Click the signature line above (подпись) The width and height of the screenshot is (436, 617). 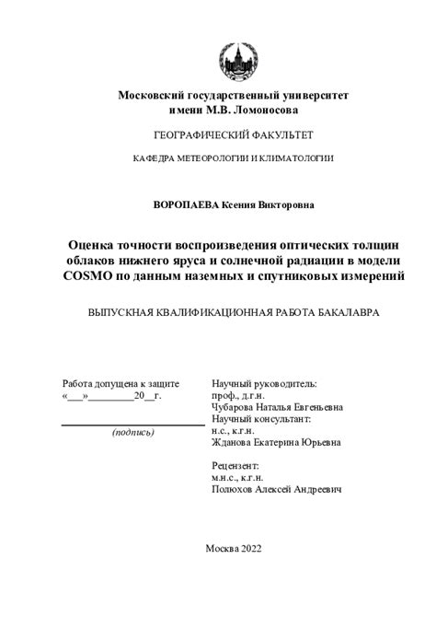click(x=132, y=425)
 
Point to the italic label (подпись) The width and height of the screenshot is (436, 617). click(x=132, y=432)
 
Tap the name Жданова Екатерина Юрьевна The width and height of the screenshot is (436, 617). click(x=275, y=442)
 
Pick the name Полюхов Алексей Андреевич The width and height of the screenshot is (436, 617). click(x=276, y=490)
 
